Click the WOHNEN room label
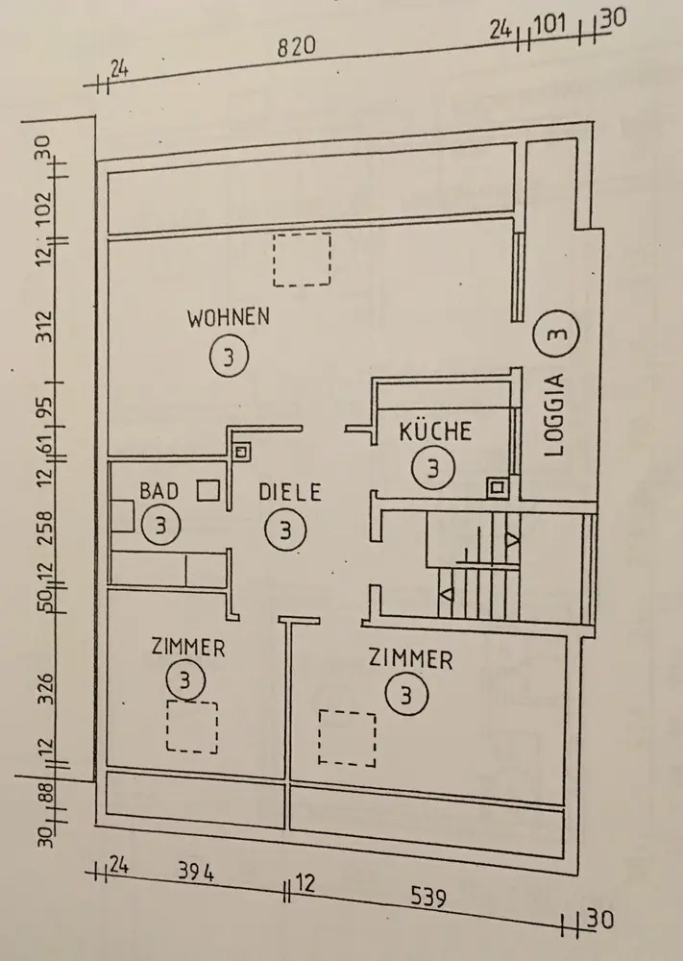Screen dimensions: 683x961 pos(229,316)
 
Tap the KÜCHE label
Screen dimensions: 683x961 pos(436,431)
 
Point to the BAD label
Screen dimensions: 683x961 pos(159,491)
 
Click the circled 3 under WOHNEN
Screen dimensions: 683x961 pos(228,357)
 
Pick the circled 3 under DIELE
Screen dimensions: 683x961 pos(286,528)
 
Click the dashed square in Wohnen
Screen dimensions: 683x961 pos(302,259)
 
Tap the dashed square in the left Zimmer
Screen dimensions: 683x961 pos(192,727)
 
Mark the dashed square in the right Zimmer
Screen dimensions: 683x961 pos(349,738)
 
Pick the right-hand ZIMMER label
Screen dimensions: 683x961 pos(410,658)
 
